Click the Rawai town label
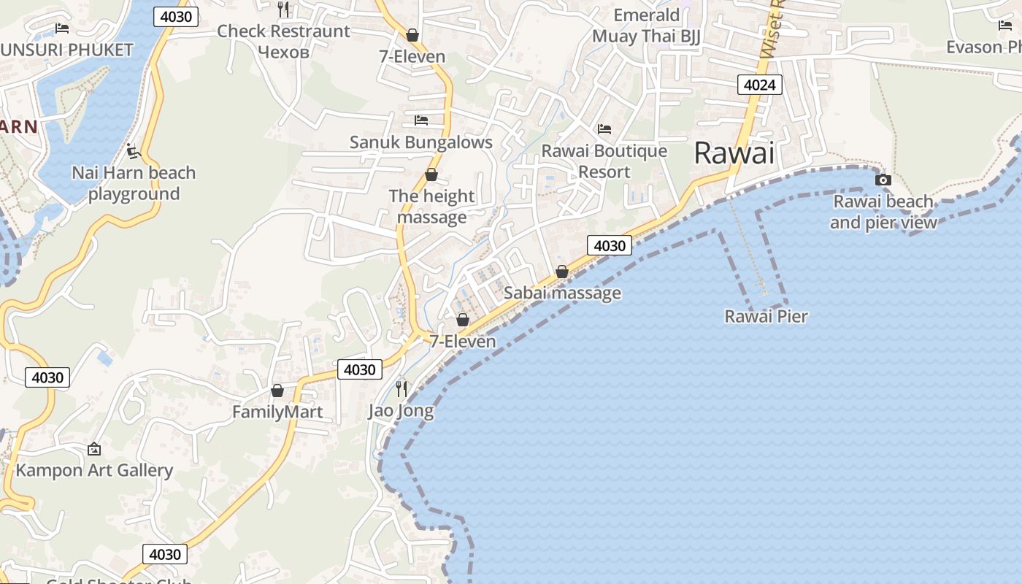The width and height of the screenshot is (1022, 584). pos(734,153)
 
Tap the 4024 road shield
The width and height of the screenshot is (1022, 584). pos(759,85)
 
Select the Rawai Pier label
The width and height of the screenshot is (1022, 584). pos(766,316)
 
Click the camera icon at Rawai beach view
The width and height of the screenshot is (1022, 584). pos(883,180)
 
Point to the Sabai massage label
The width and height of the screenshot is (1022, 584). pos(562,293)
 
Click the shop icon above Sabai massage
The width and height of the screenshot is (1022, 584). pos(561,272)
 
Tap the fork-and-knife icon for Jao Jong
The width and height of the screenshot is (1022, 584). pos(401,388)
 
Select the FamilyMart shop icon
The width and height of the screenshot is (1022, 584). pos(277,391)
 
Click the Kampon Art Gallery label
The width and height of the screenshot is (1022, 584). pos(94,470)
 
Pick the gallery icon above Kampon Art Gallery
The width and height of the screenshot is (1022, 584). pos(93,449)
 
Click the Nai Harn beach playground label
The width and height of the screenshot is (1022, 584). pos(134,183)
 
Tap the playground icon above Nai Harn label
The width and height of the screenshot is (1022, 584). pos(133,152)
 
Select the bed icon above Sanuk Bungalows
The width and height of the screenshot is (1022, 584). pos(420,120)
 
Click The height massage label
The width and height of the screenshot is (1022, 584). pos(431,207)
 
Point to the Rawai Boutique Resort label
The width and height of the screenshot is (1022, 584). pos(604,161)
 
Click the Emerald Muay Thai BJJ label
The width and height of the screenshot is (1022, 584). pos(646,26)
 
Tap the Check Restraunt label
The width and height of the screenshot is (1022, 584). pos(283,31)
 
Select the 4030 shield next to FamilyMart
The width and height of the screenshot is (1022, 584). pos(359,369)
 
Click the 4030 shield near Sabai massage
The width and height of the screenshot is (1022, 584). pos(610,245)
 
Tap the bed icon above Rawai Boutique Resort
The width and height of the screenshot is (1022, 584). pos(604,129)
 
